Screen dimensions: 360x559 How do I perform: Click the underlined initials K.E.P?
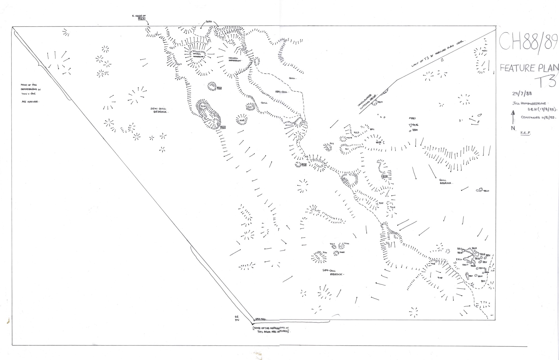tap(525, 133)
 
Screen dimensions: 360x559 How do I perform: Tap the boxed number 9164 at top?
tap(142, 19)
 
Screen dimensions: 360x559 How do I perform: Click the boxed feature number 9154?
tap(219, 88)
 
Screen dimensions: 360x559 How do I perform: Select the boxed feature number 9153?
tap(223, 127)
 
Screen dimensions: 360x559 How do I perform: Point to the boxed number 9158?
tap(304, 165)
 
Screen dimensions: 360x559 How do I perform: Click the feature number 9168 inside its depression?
tap(242, 120)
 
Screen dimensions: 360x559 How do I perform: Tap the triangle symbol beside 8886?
tap(410, 125)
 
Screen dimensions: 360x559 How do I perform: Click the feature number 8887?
tap(413, 119)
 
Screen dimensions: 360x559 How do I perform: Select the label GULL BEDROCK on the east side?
tap(445, 182)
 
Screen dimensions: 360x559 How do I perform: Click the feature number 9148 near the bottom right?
tap(440, 278)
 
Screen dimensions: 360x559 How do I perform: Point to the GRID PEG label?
tap(260, 319)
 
